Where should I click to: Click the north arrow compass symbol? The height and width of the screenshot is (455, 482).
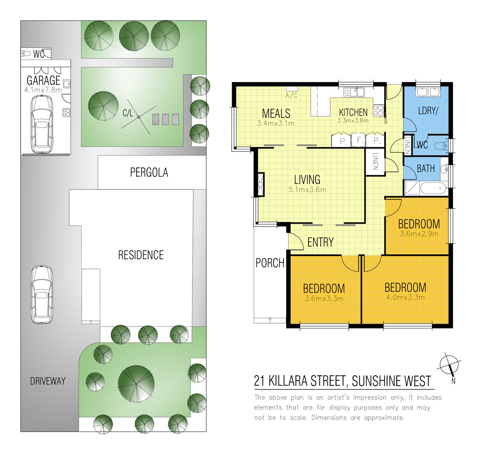(x=449, y=365)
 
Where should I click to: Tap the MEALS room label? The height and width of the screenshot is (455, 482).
(x=276, y=113)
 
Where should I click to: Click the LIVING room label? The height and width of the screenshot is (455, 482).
(x=307, y=180)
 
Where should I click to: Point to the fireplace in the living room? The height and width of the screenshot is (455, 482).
(x=260, y=185)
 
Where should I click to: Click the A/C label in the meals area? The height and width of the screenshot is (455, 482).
(x=291, y=96)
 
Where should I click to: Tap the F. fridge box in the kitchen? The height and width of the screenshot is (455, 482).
(x=359, y=140)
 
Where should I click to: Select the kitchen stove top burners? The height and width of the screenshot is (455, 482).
(x=378, y=110)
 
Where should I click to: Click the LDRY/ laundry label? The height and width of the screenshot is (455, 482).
(x=428, y=111)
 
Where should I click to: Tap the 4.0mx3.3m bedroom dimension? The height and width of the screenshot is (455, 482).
(x=405, y=298)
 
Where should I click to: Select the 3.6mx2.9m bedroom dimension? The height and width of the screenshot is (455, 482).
(x=419, y=234)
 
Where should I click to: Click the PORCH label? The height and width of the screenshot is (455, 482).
(x=270, y=263)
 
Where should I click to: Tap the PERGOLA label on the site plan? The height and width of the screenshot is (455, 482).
(x=149, y=172)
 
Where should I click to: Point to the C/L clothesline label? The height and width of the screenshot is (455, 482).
(x=128, y=113)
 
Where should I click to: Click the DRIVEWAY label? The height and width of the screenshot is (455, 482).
(x=48, y=381)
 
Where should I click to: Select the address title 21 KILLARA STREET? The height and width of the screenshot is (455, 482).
(x=342, y=381)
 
